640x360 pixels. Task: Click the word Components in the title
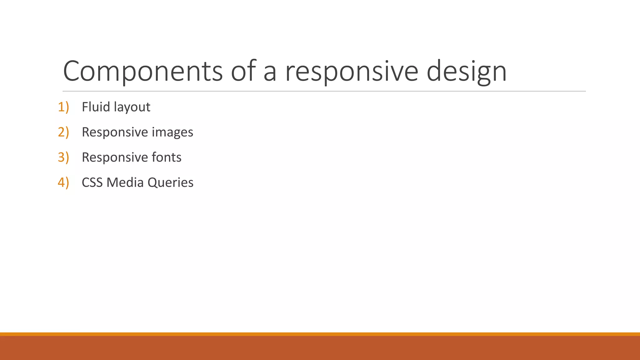(x=143, y=71)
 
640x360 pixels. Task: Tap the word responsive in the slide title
(x=352, y=71)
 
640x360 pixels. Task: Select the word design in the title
(x=466, y=71)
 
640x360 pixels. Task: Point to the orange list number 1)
(x=63, y=107)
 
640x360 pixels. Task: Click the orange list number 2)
(x=63, y=132)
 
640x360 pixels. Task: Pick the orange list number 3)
(x=63, y=157)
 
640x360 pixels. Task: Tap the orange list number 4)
(x=63, y=182)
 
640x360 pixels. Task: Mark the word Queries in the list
(x=171, y=182)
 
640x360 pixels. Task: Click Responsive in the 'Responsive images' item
(x=115, y=132)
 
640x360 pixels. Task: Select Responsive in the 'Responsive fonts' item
(x=115, y=157)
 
